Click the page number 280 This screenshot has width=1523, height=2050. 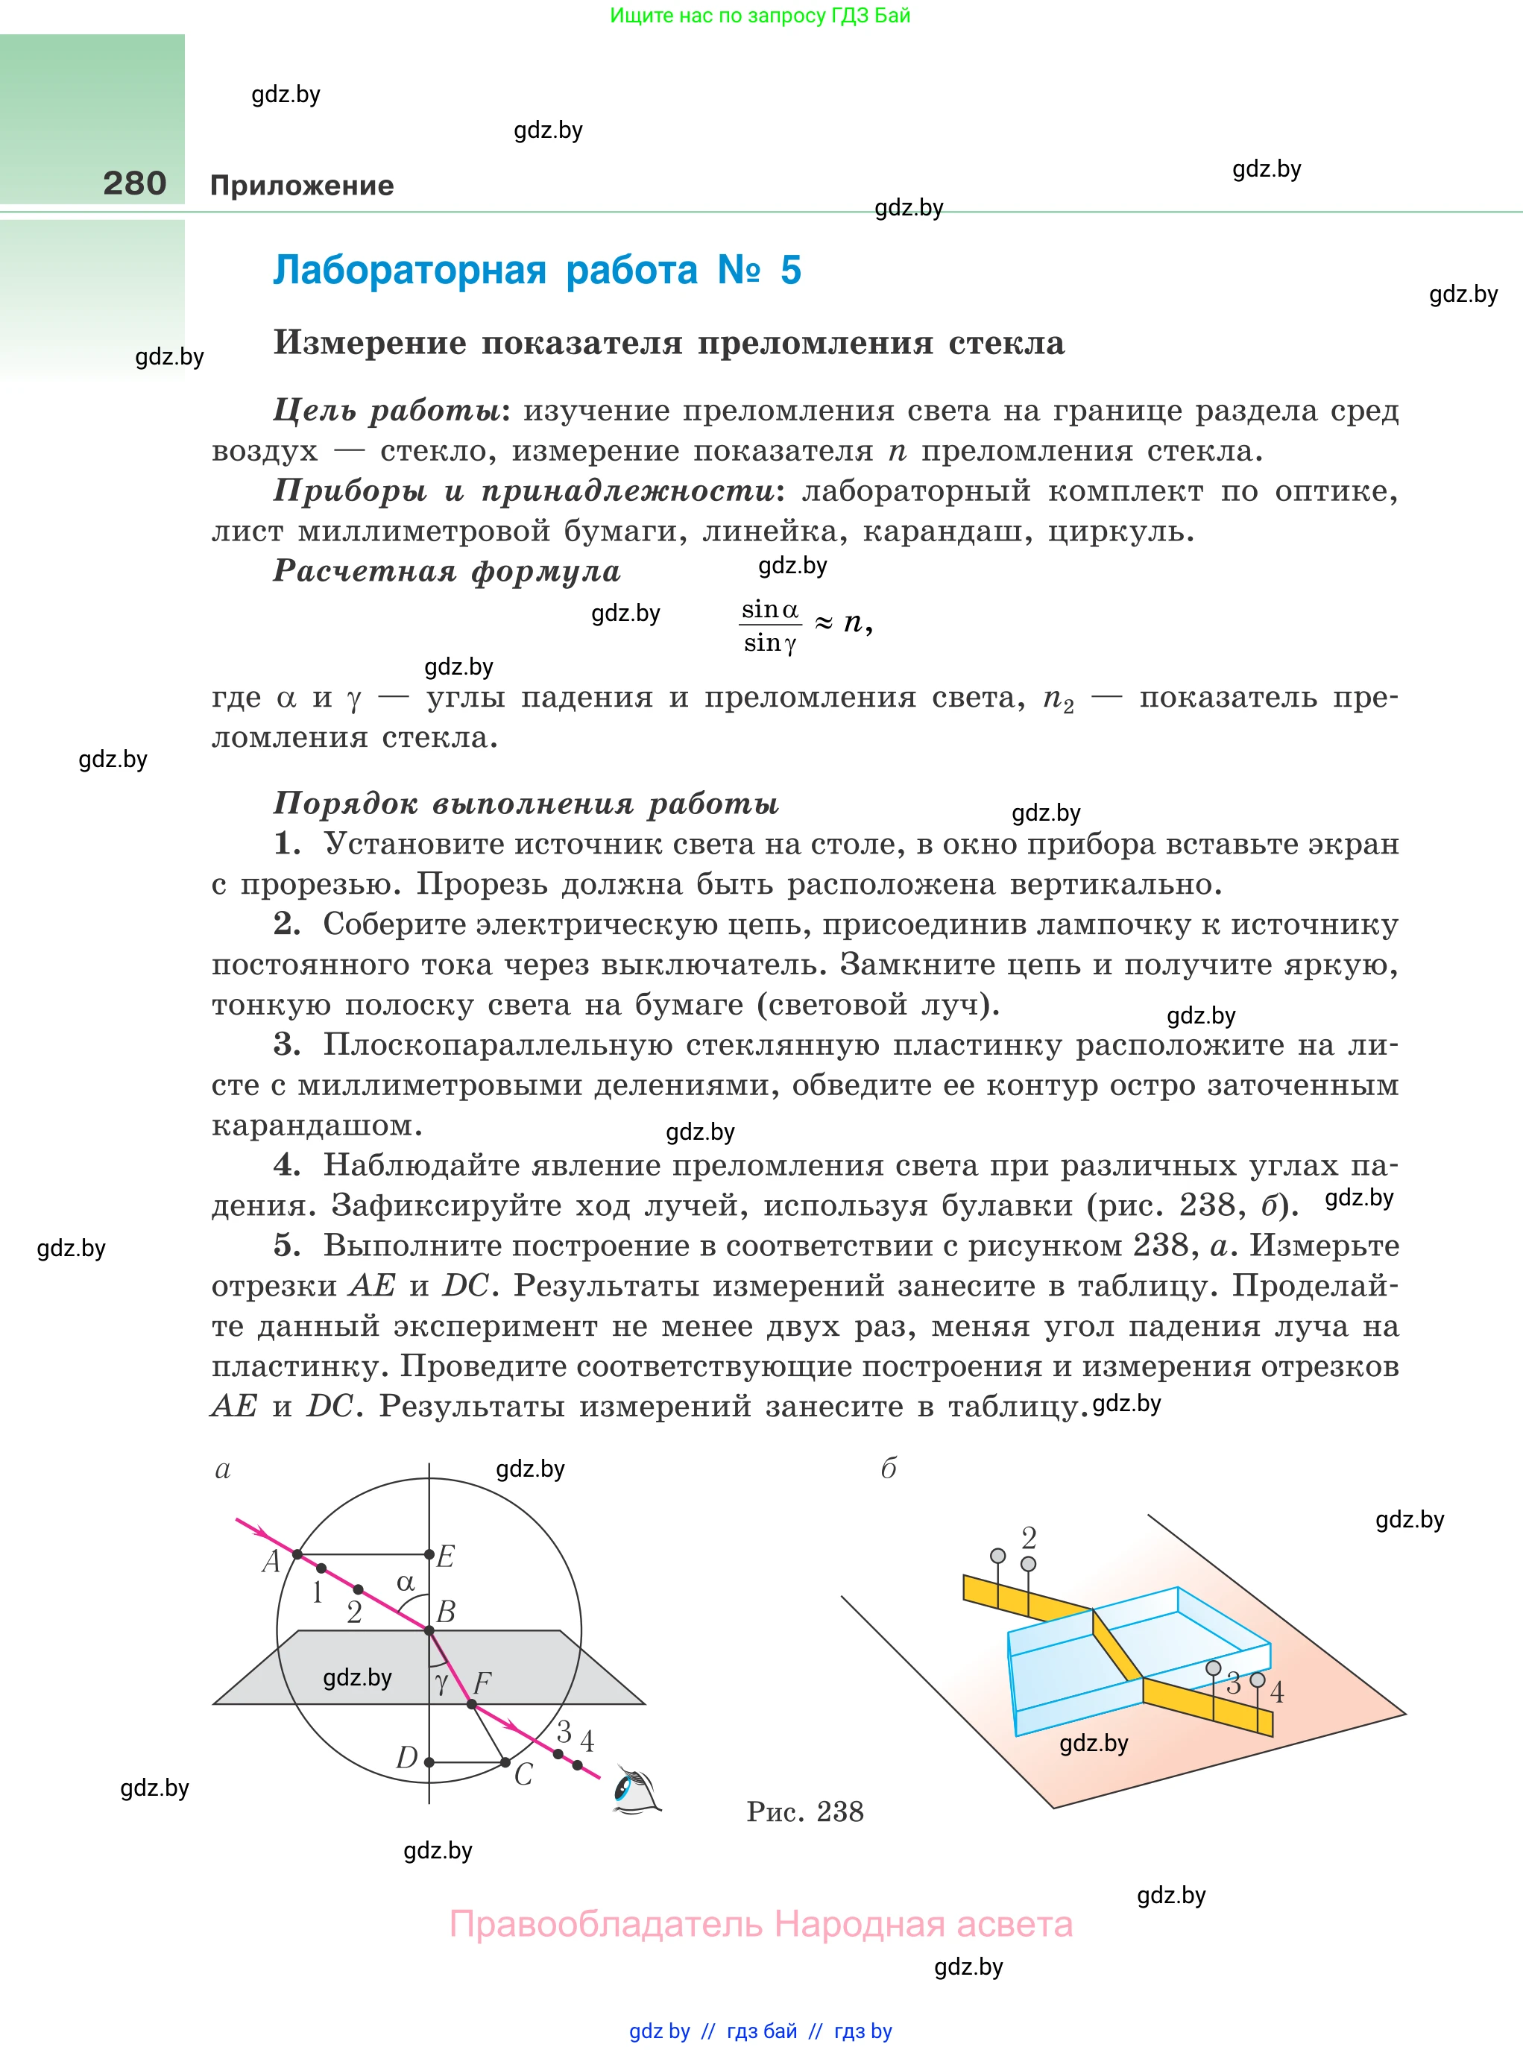point(135,183)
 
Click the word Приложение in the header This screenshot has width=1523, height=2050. point(301,186)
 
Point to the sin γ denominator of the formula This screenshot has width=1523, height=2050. point(770,643)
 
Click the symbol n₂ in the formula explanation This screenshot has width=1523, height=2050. point(1057,698)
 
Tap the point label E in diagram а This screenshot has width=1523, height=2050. point(445,1557)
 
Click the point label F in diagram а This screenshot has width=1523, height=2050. point(482,1684)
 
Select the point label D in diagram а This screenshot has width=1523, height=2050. point(406,1758)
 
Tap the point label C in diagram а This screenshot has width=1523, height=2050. point(523,1774)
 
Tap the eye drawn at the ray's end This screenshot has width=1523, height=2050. point(635,1790)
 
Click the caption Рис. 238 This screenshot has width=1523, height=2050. point(805,1811)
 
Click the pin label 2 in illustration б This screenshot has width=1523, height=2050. point(1029,1537)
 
